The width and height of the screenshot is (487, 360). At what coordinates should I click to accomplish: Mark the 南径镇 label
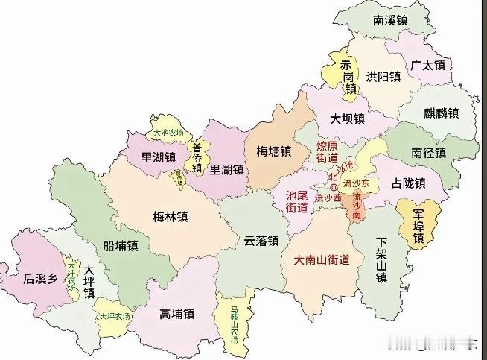[428, 153]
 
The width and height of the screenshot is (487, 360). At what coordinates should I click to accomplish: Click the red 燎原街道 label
[328, 152]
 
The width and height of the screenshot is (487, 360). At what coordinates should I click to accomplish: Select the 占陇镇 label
[409, 183]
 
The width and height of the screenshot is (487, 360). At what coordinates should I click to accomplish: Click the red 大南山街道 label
[322, 260]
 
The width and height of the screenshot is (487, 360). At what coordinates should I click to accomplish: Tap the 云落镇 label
[261, 241]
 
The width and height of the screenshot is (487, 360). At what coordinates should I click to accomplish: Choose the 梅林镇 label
[171, 217]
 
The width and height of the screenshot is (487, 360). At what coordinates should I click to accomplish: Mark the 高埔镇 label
[176, 315]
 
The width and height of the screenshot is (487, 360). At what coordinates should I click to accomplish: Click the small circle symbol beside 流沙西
[334, 187]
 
